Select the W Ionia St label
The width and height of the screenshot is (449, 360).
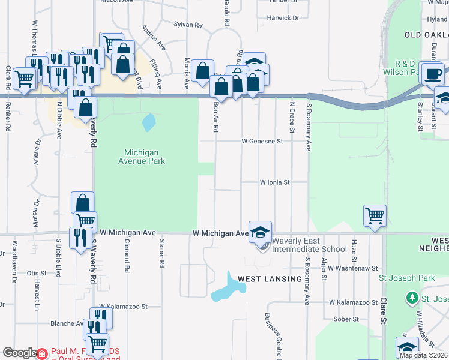coord(274,182)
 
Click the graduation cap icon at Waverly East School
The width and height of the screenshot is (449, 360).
coord(260,232)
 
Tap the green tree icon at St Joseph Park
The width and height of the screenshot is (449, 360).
coord(412,298)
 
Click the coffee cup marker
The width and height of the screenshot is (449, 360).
coord(433,74)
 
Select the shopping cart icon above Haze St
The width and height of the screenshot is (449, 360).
coord(375,214)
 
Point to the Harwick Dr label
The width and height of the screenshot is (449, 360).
coord(283,18)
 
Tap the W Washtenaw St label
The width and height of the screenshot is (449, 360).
coord(352,268)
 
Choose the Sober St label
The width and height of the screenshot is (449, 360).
coord(346,319)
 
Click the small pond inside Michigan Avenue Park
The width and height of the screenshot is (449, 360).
coord(147,123)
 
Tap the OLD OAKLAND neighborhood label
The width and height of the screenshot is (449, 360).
coord(426,35)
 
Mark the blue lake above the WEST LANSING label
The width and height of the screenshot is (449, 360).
coord(228,286)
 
